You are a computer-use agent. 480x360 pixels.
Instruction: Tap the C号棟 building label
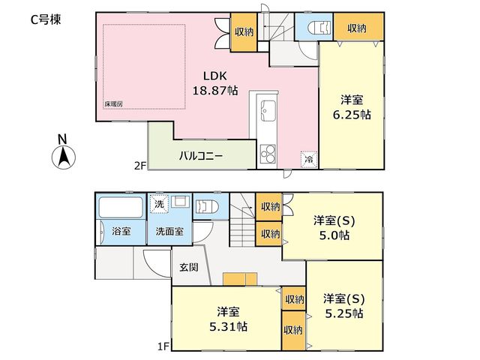46,19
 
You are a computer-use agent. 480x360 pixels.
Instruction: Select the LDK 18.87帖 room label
215,83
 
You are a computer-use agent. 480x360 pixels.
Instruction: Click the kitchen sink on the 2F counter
268,110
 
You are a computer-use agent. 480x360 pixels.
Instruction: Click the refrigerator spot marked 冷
309,159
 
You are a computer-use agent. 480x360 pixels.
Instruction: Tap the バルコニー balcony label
201,156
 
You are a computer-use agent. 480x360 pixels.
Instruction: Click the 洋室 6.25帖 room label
352,107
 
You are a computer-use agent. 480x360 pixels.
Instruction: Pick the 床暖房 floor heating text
113,104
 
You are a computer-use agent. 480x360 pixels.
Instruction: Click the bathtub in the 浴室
121,207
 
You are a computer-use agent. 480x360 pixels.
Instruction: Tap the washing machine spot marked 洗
159,203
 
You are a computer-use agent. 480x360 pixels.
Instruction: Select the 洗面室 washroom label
169,232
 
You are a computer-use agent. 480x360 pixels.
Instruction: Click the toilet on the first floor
207,207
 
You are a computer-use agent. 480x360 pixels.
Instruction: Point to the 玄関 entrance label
189,267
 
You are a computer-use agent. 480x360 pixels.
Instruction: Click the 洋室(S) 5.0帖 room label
334,228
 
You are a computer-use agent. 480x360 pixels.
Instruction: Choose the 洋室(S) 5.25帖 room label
344,306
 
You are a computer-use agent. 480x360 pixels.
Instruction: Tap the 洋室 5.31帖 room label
228,319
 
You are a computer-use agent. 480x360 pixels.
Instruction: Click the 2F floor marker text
139,166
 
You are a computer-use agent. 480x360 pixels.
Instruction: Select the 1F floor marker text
163,346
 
